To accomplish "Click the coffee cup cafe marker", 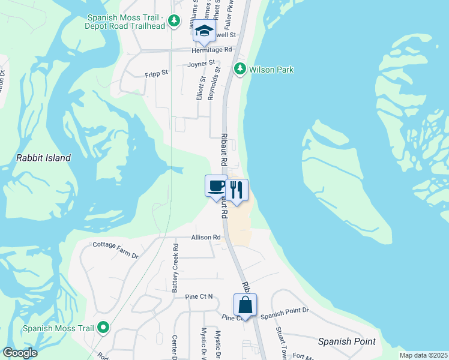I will pos(215,187).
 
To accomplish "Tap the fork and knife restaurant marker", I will pos(237,191).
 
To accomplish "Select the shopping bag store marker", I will pos(245,305).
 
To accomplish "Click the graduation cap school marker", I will pos(204,31).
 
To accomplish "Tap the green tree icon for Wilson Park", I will pos(240,70).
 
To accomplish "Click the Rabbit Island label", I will pos(43,158).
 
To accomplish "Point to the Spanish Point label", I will pos(347,341).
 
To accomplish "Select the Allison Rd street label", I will pos(206,238).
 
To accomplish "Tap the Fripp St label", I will pos(157,76).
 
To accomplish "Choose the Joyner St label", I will pos(201,63).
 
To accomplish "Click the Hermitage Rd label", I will pos(211,50).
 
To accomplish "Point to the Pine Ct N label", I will pos(199,296).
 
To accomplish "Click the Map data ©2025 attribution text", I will pos(423,355).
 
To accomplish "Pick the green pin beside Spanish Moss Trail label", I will pos(103,328).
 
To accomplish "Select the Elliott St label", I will pos(200,88).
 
